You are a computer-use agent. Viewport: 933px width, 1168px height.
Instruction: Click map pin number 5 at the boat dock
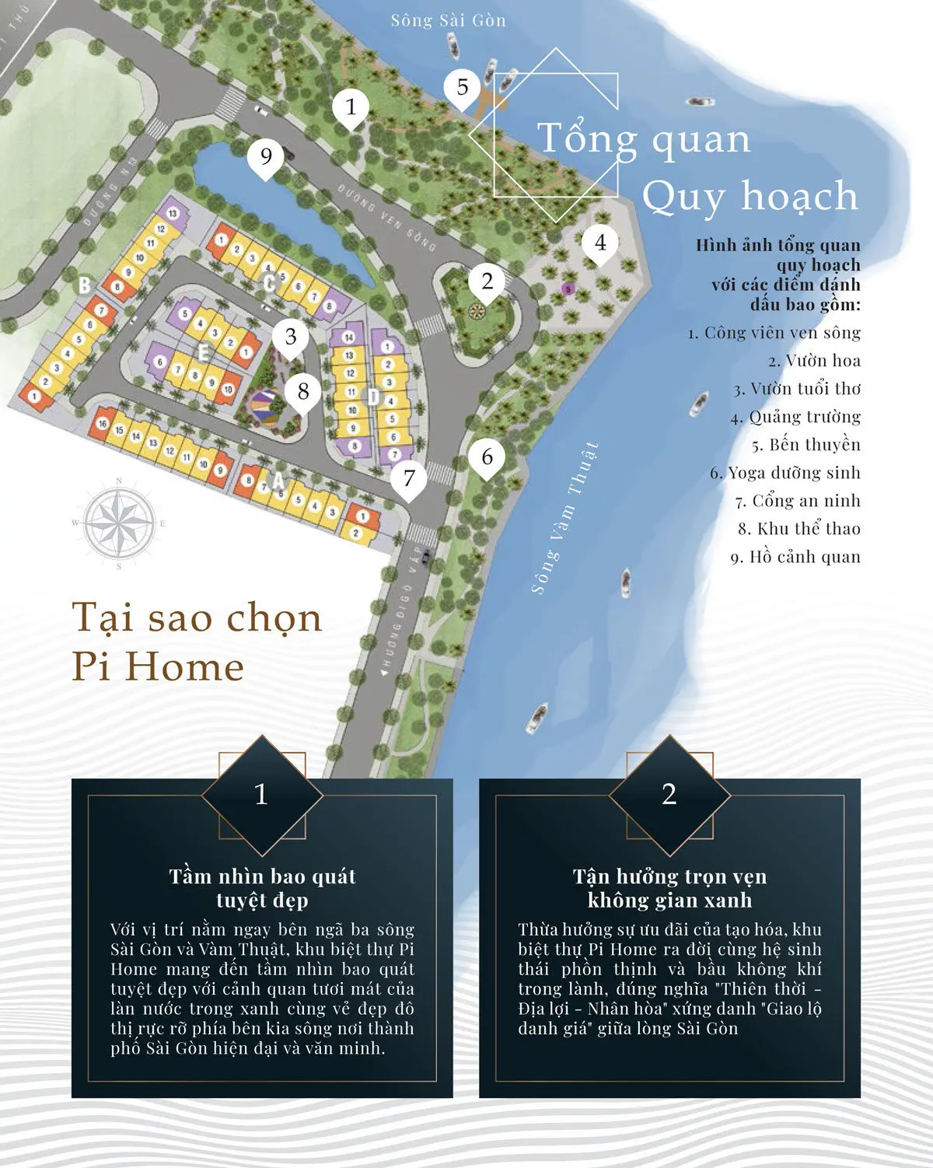pos(463,88)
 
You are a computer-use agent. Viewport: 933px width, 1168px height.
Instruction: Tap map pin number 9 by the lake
pos(266,157)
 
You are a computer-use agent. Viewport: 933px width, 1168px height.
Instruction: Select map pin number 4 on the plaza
pos(600,243)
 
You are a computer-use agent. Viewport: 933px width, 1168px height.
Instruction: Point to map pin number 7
pos(409,478)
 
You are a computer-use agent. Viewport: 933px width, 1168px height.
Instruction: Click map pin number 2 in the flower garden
pos(487,282)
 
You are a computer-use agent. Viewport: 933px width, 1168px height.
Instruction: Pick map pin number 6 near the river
pos(487,457)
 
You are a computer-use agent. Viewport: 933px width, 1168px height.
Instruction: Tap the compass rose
pos(119,522)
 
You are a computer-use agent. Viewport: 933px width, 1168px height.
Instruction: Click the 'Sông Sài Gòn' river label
pos(448,21)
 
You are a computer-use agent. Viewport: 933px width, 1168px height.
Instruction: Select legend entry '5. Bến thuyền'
pos(805,445)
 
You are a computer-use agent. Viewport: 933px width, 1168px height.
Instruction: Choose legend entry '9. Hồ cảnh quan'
pos(795,557)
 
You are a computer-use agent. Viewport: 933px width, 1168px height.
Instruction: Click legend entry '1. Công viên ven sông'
pos(774,333)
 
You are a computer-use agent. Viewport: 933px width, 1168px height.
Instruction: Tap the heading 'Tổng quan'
pos(644,139)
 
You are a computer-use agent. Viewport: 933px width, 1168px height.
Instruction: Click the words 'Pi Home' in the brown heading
pos(158,667)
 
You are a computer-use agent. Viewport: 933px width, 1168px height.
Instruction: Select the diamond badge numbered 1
pos(261,795)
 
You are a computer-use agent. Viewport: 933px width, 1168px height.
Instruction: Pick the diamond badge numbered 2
pos(669,795)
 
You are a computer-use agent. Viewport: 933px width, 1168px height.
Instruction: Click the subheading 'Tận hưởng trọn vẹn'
pos(669,876)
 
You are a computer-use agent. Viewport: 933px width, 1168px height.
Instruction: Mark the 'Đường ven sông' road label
pos(386,218)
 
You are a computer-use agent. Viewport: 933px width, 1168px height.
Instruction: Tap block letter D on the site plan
pos(373,397)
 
